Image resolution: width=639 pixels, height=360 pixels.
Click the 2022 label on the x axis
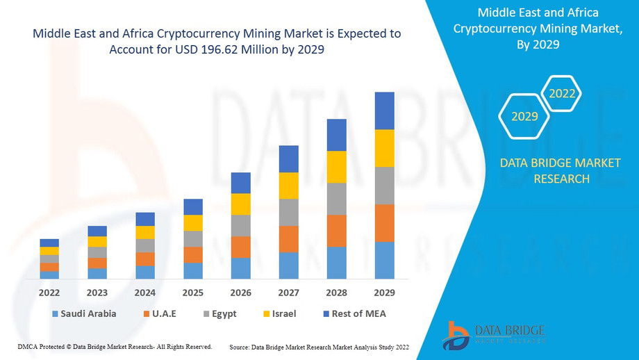pyautogui.click(x=49, y=292)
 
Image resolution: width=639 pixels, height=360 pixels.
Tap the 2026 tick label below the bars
pyautogui.click(x=240, y=292)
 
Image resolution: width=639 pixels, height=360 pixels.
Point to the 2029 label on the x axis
pyautogui.click(x=384, y=292)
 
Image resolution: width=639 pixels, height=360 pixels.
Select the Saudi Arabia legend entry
pyautogui.click(x=83, y=313)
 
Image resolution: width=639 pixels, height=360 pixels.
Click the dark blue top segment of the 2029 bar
pyautogui.click(x=384, y=111)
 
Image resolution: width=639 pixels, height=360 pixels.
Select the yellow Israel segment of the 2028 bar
pyautogui.click(x=336, y=167)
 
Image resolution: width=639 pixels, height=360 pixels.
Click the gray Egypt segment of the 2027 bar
pyautogui.click(x=288, y=213)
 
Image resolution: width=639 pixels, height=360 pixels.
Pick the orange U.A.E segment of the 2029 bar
pyautogui.click(x=384, y=223)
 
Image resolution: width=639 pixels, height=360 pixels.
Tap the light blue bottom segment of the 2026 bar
pyautogui.click(x=240, y=268)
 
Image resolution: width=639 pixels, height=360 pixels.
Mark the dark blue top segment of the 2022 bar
pyautogui.click(x=49, y=243)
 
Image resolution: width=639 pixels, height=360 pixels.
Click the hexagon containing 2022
pyautogui.click(x=562, y=94)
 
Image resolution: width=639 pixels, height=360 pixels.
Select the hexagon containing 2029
pyautogui.click(x=524, y=116)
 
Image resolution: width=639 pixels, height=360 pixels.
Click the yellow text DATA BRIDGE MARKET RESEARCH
pyautogui.click(x=545, y=171)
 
